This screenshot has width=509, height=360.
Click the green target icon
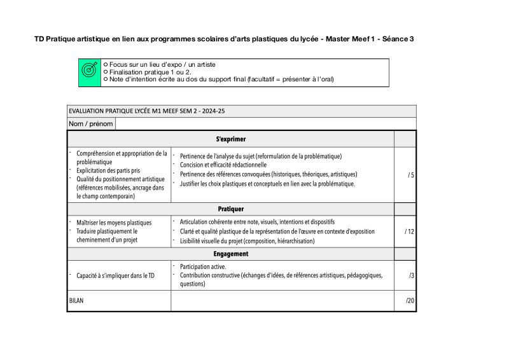click(x=89, y=71)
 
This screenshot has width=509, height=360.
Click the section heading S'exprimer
click(x=231, y=139)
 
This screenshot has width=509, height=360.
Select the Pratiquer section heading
click(x=231, y=209)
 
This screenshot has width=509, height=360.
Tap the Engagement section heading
click(x=231, y=254)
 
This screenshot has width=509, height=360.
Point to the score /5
click(x=411, y=174)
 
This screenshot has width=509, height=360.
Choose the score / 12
click(x=410, y=232)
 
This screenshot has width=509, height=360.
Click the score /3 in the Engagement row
click(x=412, y=275)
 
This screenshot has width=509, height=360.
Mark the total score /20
click(x=410, y=300)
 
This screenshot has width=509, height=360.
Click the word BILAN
click(x=76, y=300)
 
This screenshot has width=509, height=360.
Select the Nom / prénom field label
click(x=91, y=123)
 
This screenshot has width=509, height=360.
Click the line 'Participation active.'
click(x=203, y=267)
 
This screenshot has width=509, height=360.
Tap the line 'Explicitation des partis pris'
click(x=108, y=171)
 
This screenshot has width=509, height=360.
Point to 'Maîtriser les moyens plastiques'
click(x=114, y=223)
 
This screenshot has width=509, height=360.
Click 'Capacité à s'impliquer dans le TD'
click(x=115, y=275)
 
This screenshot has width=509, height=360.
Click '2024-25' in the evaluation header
click(x=212, y=111)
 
